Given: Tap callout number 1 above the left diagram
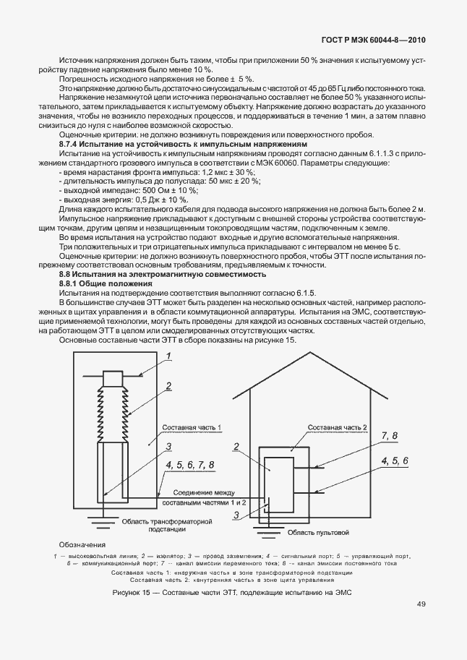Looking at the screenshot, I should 168,355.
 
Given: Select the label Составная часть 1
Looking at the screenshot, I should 192,428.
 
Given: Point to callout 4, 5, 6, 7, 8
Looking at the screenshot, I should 190,463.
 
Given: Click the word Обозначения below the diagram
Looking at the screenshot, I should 82,544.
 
